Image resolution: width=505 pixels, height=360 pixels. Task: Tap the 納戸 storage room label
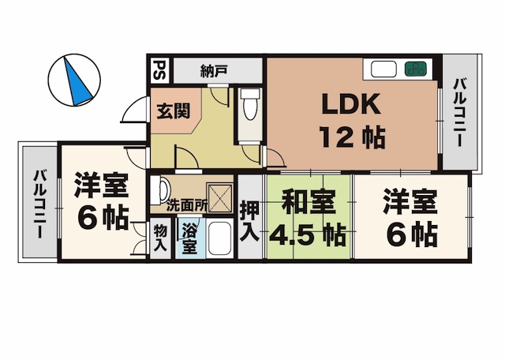click(214, 71)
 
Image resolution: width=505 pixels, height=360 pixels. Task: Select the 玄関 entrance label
click(171, 111)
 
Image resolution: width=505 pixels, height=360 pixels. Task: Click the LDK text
click(350, 105)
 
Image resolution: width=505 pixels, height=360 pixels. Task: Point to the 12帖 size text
click(352, 138)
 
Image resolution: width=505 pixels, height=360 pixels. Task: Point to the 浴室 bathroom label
click(189, 238)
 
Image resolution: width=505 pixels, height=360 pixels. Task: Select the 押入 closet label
click(249, 219)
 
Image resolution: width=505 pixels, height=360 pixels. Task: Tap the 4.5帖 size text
click(308, 234)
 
